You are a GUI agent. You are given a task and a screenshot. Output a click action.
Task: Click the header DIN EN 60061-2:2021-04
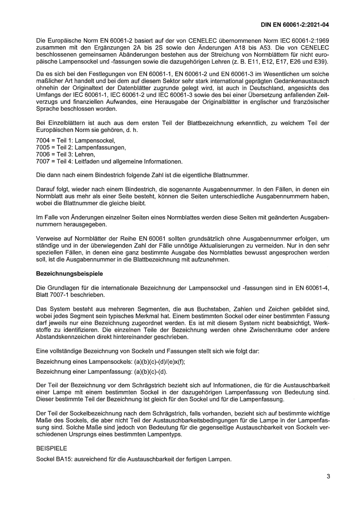[295, 25]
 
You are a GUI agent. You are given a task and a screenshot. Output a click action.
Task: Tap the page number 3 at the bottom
[328, 476]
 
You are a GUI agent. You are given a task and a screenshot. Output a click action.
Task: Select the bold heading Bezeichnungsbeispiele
[69, 273]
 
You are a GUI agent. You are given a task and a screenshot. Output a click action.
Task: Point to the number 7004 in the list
[43, 141]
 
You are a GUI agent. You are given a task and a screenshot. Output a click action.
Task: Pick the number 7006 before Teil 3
[43, 155]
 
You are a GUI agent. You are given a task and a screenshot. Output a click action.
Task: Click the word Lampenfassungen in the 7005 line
[100, 147]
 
